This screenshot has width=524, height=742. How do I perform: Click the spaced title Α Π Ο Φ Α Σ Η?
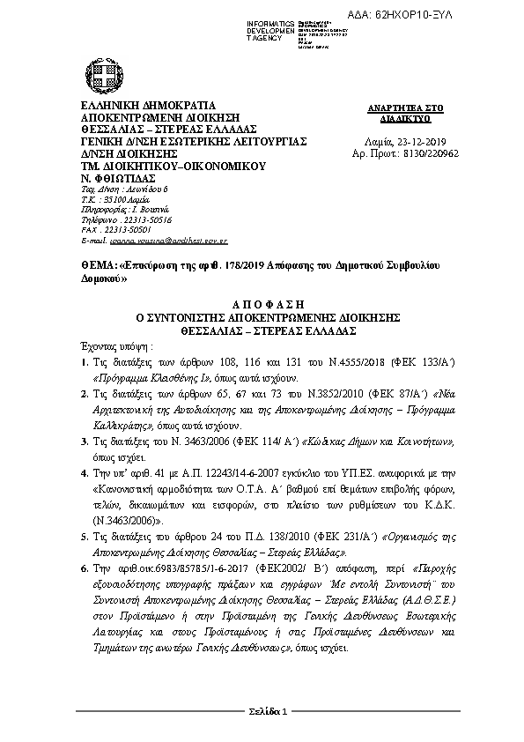click(260, 301)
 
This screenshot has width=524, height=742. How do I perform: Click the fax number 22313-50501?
click(132, 229)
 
